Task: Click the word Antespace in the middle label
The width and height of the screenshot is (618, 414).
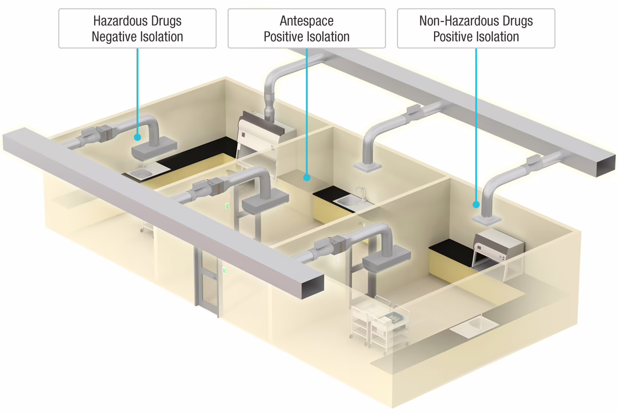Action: click(x=307, y=21)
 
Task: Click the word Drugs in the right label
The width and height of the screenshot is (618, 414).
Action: click(x=515, y=21)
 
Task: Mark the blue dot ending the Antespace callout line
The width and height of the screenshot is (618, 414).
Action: click(x=307, y=177)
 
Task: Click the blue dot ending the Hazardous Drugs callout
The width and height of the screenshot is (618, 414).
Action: click(x=137, y=137)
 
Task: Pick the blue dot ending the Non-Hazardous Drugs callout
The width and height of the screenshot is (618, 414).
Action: click(x=476, y=205)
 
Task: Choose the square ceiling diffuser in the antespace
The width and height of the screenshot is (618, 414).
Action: click(x=367, y=166)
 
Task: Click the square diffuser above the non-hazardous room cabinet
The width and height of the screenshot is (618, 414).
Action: click(x=486, y=219)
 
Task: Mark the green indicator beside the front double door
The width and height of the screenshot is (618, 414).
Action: click(x=224, y=271)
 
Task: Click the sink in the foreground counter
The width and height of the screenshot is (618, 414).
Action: click(x=474, y=325)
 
